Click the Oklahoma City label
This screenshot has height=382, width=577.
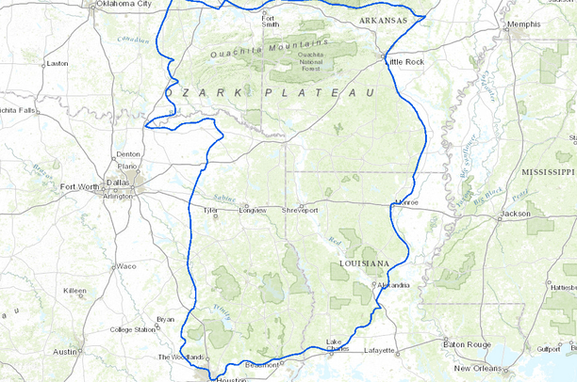(124, 4)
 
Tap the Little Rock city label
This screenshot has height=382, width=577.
(405, 61)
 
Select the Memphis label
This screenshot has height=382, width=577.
(550, 24)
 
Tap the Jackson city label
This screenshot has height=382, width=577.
(516, 214)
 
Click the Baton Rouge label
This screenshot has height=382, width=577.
(462, 345)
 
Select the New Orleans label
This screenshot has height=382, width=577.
(475, 368)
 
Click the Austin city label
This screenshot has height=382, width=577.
(65, 351)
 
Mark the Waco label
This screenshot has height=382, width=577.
(126, 266)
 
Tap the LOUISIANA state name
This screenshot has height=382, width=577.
(363, 263)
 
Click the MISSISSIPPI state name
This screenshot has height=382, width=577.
(547, 173)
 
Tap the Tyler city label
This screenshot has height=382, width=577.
(211, 210)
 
